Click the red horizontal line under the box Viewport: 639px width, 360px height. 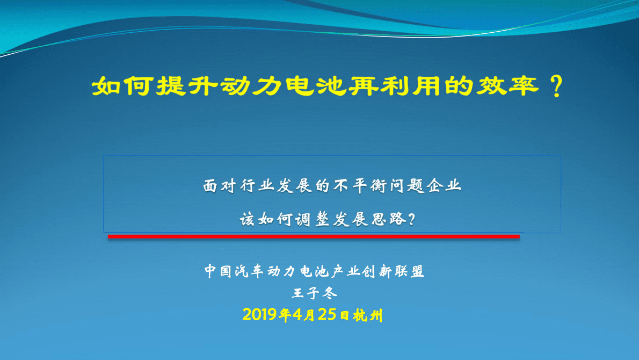click(314, 236)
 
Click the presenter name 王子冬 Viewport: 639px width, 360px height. click(314, 293)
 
